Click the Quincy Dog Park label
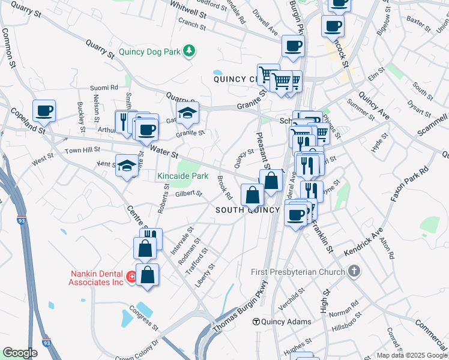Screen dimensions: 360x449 (x=149, y=52)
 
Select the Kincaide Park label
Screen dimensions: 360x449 (x=182, y=176)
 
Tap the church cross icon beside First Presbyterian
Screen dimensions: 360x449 (x=354, y=271)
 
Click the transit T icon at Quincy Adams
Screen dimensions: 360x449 (x=256, y=322)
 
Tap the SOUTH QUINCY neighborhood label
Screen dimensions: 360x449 (x=248, y=210)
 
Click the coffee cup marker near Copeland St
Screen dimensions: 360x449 (x=44, y=111)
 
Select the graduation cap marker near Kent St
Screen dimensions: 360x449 (x=127, y=165)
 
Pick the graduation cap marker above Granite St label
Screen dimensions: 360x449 (x=187, y=112)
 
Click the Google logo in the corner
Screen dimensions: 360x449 (x=20, y=353)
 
